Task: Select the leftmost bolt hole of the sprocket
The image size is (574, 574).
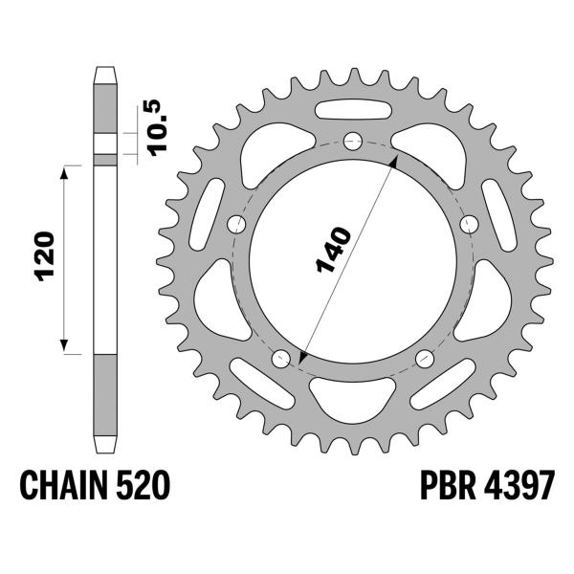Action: click(236, 223)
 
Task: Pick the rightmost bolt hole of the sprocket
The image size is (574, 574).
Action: click(469, 223)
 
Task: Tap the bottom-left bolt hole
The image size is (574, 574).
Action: click(281, 359)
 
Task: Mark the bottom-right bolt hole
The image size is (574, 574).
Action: click(425, 359)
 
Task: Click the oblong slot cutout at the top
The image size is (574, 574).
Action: click(353, 104)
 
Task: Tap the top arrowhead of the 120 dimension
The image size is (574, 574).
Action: click(65, 169)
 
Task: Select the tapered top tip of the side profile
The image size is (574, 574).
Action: click(105, 74)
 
